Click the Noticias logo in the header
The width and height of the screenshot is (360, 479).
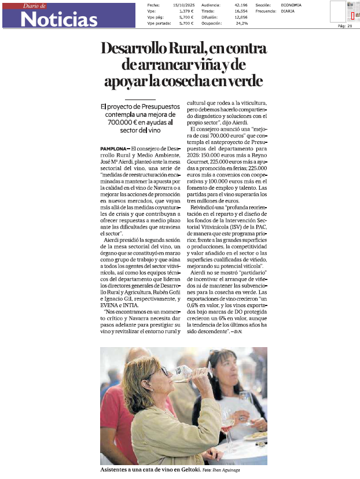(58, 19)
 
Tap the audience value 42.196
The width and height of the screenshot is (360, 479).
(241, 5)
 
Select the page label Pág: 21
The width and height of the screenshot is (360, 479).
(344, 26)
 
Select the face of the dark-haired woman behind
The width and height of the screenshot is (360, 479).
(227, 370)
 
